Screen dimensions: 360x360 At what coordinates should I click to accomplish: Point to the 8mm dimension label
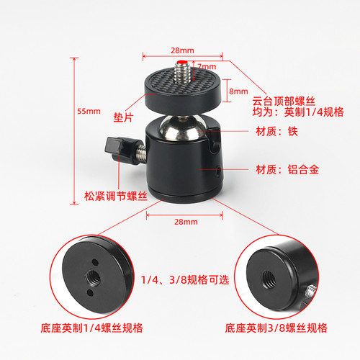tap(238, 91)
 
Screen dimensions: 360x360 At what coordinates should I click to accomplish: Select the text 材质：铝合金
tap(276, 170)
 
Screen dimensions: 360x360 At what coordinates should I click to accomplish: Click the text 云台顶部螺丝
tap(276, 101)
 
